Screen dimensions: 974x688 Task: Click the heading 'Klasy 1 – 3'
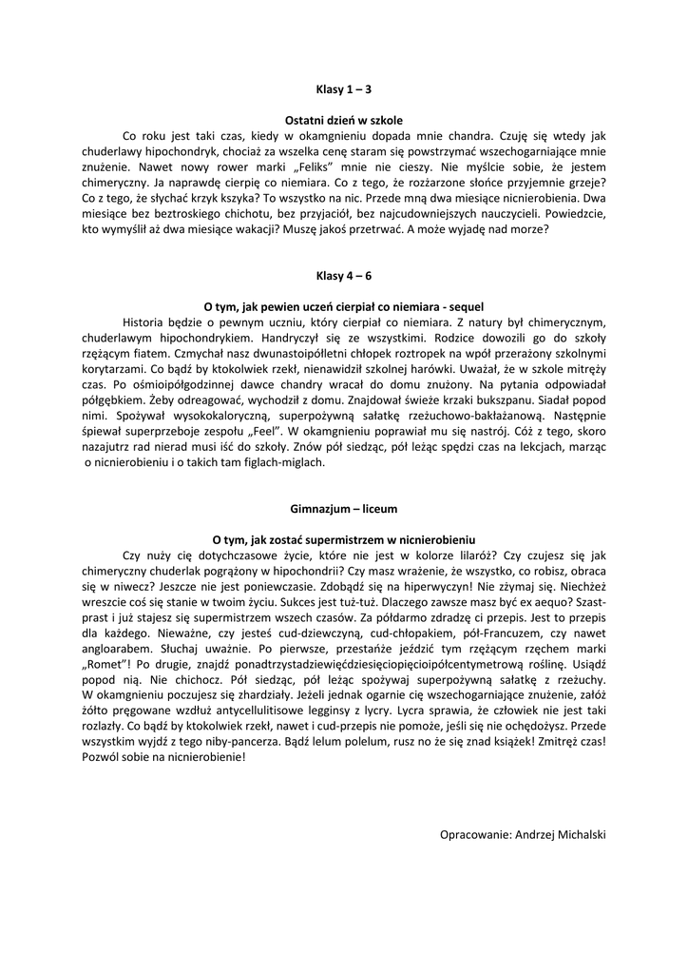click(x=344, y=89)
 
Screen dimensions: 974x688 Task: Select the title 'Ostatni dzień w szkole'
click(x=344, y=121)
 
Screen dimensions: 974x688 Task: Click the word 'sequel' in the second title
click(x=463, y=306)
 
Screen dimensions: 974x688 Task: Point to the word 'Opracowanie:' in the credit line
click(x=475, y=833)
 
